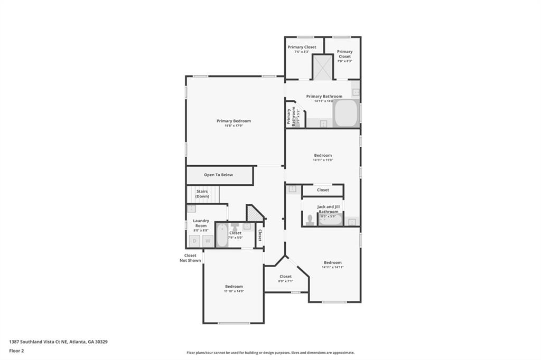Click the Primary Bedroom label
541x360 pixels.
coord(234,121)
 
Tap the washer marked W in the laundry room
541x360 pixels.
coord(208,241)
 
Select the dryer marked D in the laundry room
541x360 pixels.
coord(194,241)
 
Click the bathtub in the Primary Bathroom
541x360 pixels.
coord(346,112)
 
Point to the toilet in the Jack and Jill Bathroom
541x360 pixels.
coord(310,220)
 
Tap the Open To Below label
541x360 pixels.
coord(218,175)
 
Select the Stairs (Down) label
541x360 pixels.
coord(202,194)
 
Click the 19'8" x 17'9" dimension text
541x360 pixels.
coord(234,126)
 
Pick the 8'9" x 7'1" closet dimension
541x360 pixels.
coord(285,281)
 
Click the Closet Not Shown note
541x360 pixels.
coord(190,258)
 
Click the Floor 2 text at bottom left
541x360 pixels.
coord(16,350)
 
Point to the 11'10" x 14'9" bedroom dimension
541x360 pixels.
coord(233,291)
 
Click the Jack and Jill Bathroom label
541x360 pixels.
coord(328,209)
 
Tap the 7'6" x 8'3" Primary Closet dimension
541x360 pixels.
coord(302,52)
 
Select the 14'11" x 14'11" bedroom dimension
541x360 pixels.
coord(332,267)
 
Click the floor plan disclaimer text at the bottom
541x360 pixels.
coord(270,353)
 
